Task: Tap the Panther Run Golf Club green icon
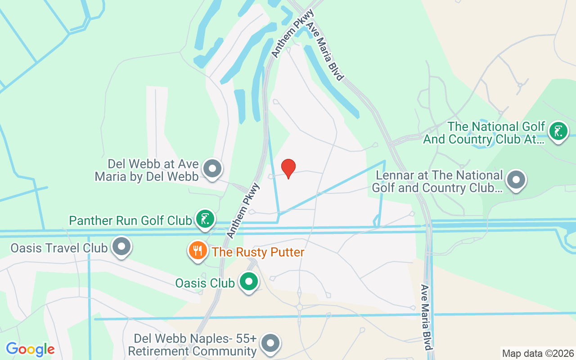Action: (x=205, y=220)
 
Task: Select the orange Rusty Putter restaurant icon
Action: (x=198, y=250)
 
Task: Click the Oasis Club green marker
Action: (x=248, y=282)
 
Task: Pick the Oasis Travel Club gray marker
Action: (x=121, y=247)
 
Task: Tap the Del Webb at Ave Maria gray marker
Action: (x=212, y=169)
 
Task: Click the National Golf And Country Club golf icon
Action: (x=558, y=131)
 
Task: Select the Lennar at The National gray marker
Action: (x=516, y=180)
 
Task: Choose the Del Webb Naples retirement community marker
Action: (x=270, y=343)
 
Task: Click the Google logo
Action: (x=30, y=349)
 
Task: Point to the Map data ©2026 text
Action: (x=538, y=353)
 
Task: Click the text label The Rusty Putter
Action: (x=258, y=252)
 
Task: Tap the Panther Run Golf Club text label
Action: (x=130, y=220)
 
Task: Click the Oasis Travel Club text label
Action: (x=59, y=247)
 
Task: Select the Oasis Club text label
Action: (x=205, y=283)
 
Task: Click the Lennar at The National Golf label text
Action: (x=437, y=181)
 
